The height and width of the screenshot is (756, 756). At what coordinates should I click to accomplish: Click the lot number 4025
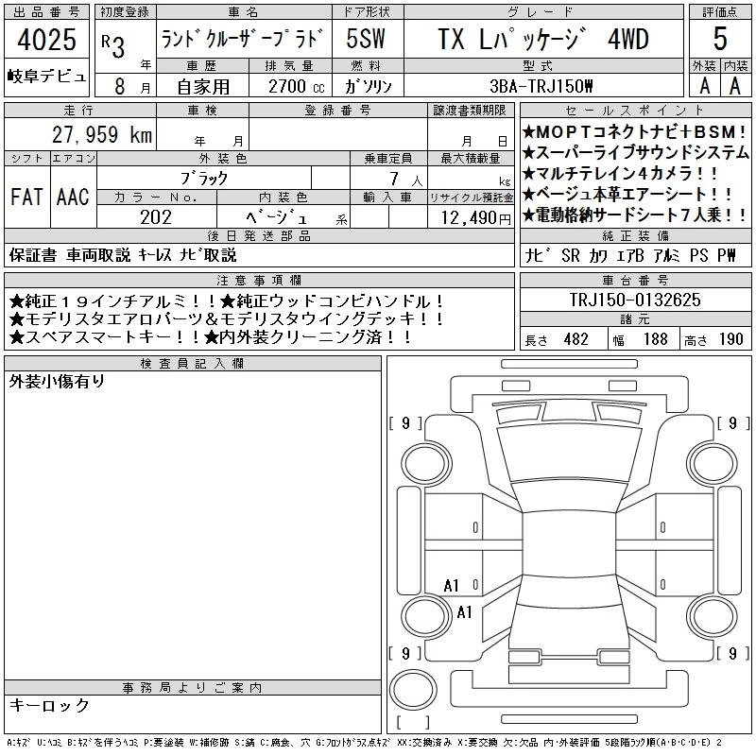point(46,39)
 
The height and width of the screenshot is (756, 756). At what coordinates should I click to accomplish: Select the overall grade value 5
point(720,39)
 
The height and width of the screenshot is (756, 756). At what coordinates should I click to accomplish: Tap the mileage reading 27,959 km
point(102,134)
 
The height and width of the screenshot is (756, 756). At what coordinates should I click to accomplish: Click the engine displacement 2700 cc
point(296,86)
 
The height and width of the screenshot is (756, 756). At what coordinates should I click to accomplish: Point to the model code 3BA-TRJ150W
point(541,86)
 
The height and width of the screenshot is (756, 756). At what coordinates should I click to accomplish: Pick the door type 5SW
point(366,39)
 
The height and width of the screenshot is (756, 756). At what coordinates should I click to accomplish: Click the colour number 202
point(156,217)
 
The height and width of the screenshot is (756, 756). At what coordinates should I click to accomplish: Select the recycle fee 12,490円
point(476,218)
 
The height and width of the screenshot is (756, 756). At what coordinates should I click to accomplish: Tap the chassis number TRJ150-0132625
point(635,300)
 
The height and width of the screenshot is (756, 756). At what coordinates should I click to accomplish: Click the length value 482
point(576,339)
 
